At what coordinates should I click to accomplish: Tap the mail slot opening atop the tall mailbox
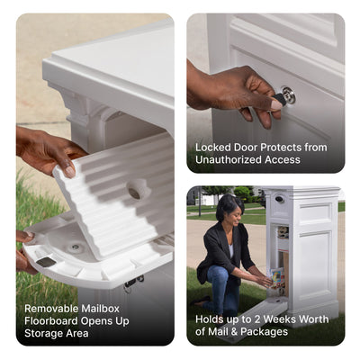[281, 199]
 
